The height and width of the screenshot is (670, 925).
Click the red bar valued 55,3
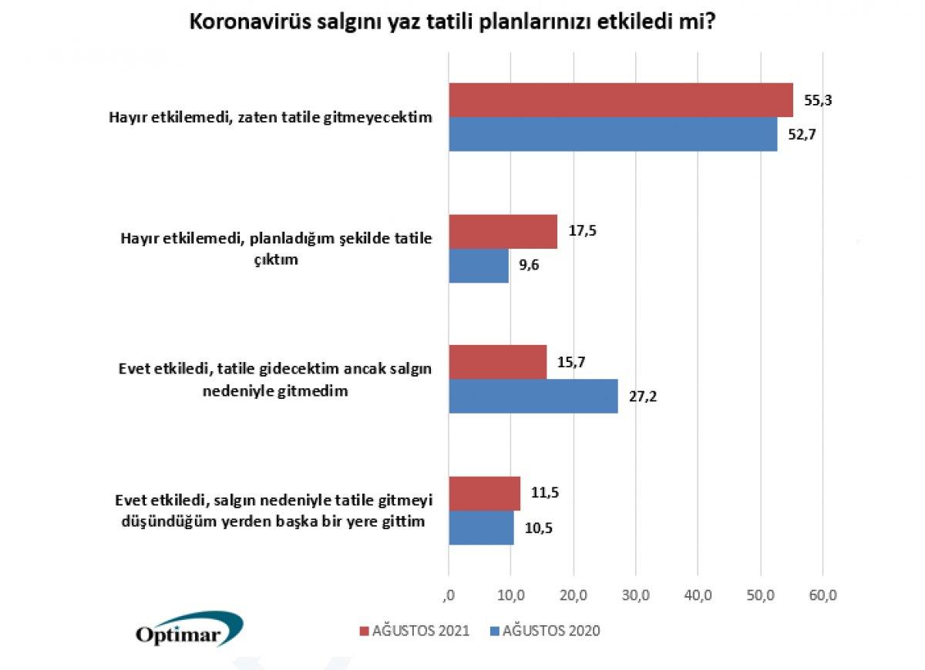coord(621,100)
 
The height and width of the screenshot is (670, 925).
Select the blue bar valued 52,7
coord(613,134)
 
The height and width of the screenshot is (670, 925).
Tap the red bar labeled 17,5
coord(503,231)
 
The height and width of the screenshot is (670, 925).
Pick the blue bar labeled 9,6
coord(478,266)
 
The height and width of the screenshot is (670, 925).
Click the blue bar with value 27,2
coord(533,396)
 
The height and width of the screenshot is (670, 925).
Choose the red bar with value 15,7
coord(497,362)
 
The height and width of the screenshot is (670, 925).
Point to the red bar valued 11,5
coord(484,493)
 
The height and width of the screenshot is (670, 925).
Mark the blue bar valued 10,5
coord(481,528)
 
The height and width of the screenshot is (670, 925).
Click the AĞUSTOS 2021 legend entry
coord(415,631)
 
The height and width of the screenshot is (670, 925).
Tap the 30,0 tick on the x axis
coord(635,595)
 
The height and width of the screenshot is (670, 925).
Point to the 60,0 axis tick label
coord(822,595)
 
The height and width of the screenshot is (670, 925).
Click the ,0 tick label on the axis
coord(448,595)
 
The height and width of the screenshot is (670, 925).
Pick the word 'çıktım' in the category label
coord(277,260)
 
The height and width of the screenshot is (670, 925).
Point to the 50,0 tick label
coord(760,595)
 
